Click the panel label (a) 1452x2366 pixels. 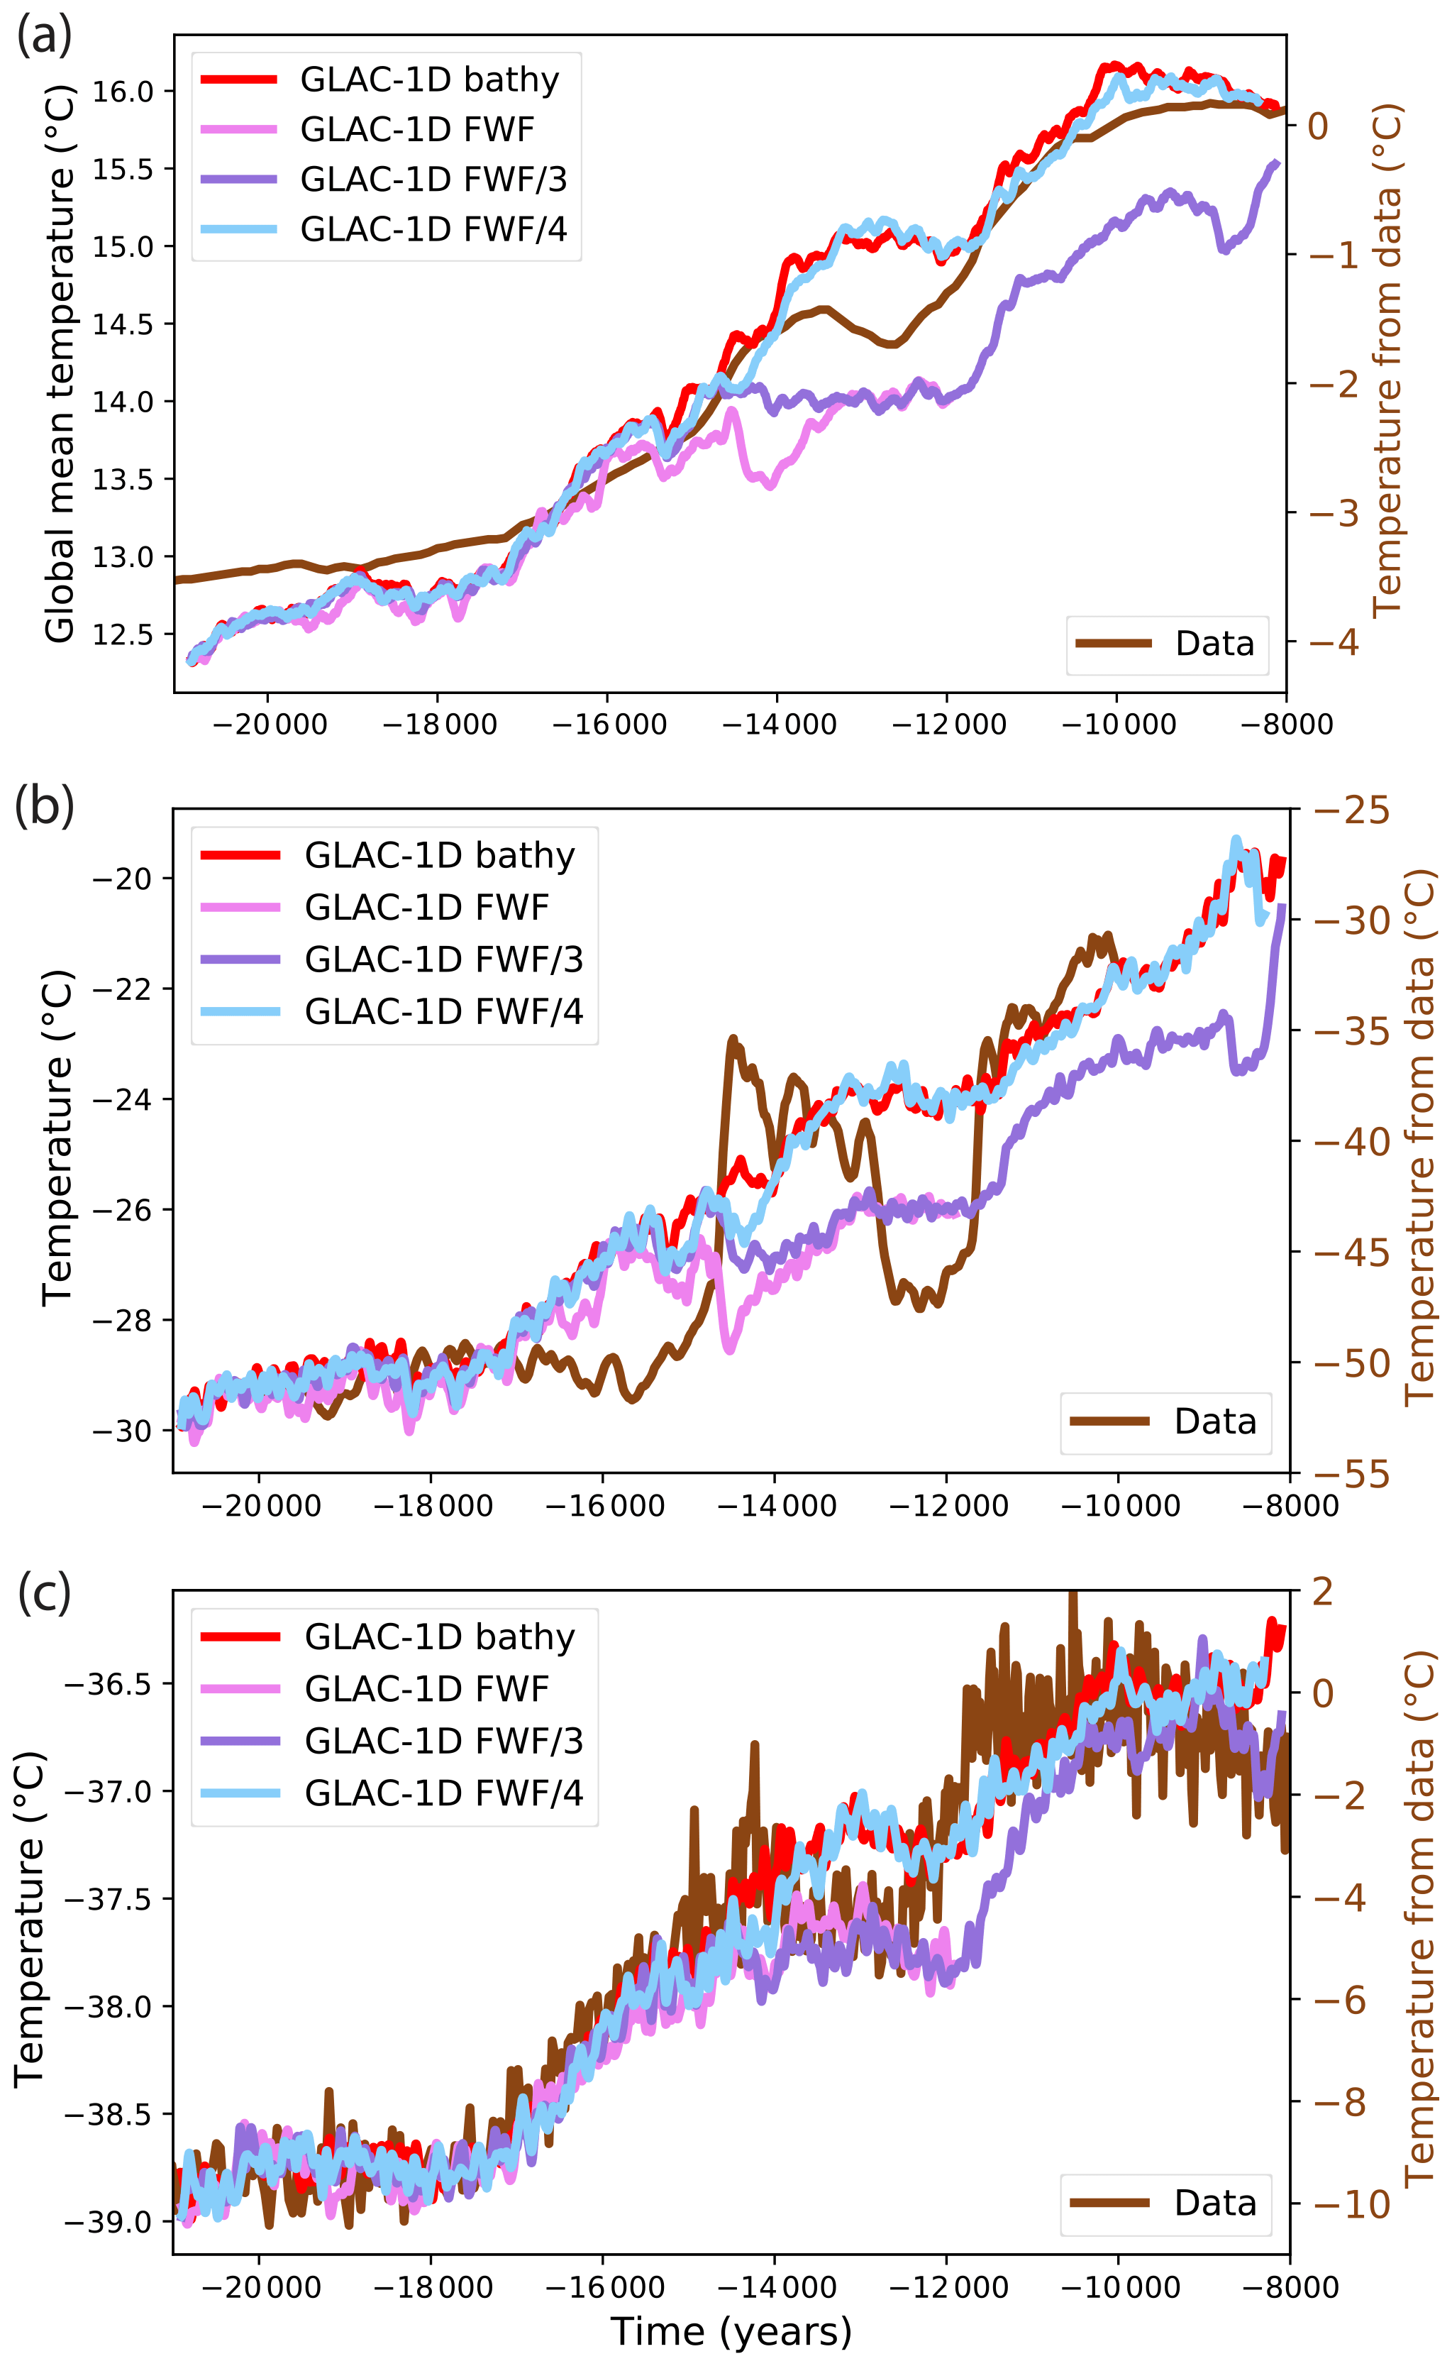click(44, 35)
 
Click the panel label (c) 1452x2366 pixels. click(44, 1591)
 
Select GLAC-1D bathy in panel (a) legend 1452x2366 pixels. click(428, 79)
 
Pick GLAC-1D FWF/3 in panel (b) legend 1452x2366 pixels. click(443, 959)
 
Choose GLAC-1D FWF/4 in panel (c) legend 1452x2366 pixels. click(443, 1793)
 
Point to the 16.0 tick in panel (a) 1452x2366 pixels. click(122, 92)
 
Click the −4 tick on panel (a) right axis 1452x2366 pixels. click(1334, 642)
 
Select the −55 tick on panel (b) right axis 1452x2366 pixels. click(1351, 1473)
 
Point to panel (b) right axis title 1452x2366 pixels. click(1419, 1138)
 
